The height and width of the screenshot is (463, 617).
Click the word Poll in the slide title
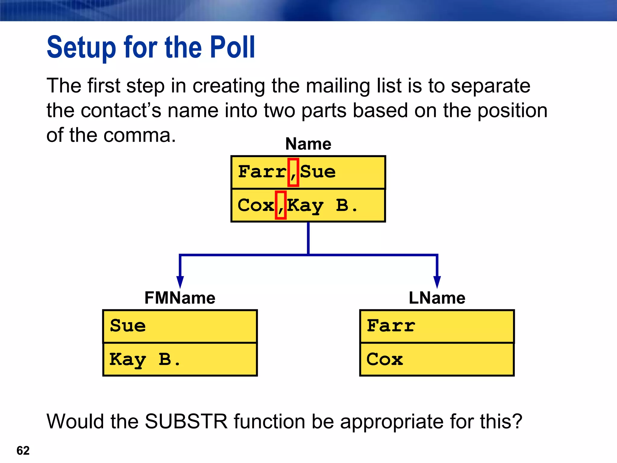pyautogui.click(x=232, y=47)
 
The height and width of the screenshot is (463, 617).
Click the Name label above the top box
pyautogui.click(x=308, y=144)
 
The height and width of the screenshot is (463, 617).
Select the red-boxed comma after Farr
pyautogui.click(x=293, y=172)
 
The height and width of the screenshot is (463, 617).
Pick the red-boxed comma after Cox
pyautogui.click(x=280, y=205)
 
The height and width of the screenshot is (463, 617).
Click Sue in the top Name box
pyautogui.click(x=318, y=172)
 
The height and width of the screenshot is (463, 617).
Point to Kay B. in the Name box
pyautogui.click(x=322, y=206)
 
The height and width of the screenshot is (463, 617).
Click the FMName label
pyautogui.click(x=180, y=298)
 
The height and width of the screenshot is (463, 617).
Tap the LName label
pyautogui.click(x=437, y=298)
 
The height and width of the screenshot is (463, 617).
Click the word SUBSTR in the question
pyautogui.click(x=186, y=421)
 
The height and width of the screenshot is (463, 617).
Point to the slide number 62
pyautogui.click(x=23, y=451)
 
